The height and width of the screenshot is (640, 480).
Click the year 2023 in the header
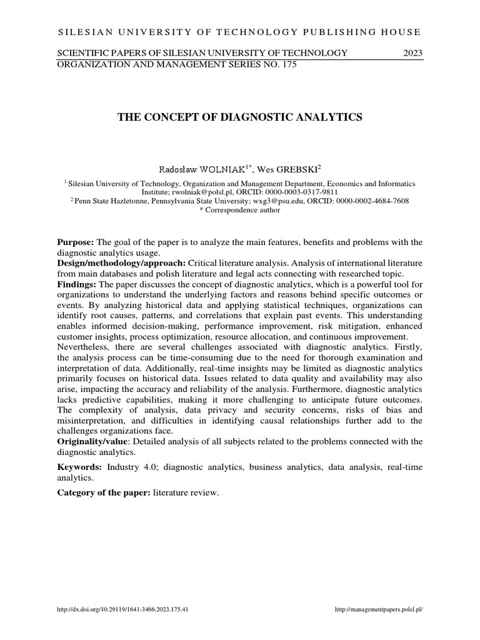412,53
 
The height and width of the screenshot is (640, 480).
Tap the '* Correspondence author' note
239,210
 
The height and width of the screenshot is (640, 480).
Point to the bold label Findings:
77,284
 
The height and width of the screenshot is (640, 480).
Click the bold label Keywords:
80,467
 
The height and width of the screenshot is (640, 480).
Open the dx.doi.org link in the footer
122,610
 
